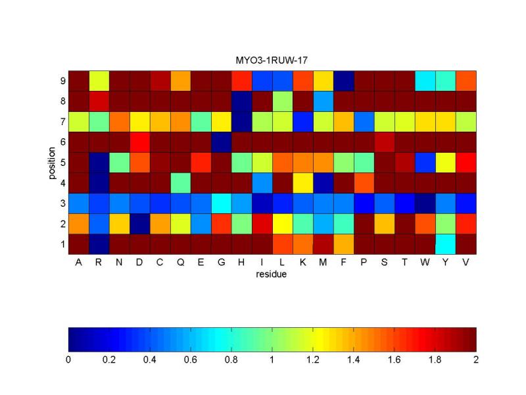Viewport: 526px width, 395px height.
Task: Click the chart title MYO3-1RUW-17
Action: click(272, 61)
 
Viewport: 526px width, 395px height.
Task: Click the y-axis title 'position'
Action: click(52, 162)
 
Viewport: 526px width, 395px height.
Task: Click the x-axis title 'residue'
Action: click(272, 275)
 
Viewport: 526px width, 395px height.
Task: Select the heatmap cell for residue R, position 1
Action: click(100, 244)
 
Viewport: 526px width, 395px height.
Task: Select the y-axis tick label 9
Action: click(62, 81)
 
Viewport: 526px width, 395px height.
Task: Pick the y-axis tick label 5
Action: click(62, 163)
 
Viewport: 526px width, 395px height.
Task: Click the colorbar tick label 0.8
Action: click(231, 360)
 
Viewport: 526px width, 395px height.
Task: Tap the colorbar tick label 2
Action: click(475, 360)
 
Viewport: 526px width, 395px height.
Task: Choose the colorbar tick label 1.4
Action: click(354, 360)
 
